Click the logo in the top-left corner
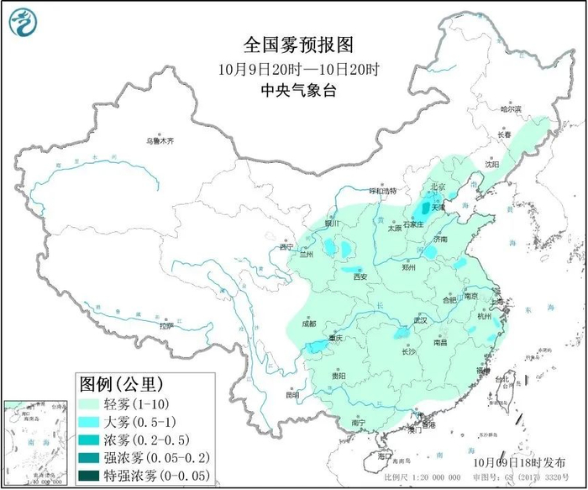(24, 24)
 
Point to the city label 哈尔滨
(510, 109)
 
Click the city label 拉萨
(165, 325)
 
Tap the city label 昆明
(291, 394)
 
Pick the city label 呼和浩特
(383, 191)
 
